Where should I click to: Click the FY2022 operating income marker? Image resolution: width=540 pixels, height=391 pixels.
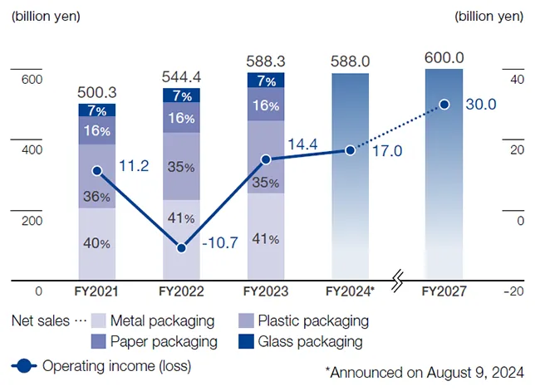coord(181,247)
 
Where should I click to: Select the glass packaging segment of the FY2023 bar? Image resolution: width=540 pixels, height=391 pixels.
coord(266,81)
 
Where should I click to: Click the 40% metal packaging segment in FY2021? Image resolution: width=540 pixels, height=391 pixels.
coord(97,243)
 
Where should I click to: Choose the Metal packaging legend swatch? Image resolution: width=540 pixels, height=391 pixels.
coord(98,321)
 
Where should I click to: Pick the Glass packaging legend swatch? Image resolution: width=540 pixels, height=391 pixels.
coord(246,341)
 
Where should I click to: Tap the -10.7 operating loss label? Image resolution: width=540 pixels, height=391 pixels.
coord(220,244)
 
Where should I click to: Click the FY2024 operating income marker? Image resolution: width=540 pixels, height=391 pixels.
coord(350,150)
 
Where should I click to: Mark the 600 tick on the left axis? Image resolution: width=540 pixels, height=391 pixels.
coord(32,80)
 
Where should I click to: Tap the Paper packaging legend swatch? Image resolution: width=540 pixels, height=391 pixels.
coord(98,341)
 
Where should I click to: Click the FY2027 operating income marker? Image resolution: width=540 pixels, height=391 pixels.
coord(444,104)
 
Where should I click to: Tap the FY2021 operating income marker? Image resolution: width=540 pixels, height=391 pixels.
coord(97,170)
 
